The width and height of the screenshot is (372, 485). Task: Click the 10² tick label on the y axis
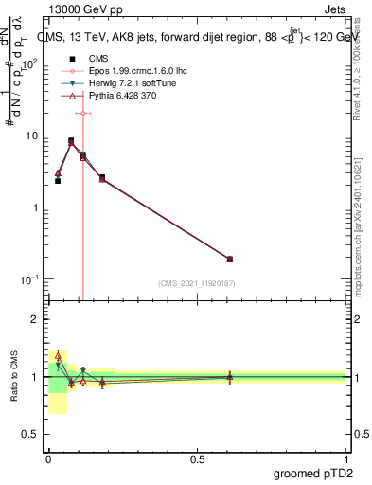click(29, 63)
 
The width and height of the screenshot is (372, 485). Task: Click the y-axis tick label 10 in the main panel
click(31, 135)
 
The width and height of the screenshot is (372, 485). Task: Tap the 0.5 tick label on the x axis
click(197, 458)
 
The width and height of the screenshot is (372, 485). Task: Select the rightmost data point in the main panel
click(229, 259)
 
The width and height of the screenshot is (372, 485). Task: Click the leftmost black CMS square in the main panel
click(58, 180)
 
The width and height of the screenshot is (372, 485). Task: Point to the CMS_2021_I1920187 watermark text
click(195, 283)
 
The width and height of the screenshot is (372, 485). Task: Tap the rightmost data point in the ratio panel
click(229, 377)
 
